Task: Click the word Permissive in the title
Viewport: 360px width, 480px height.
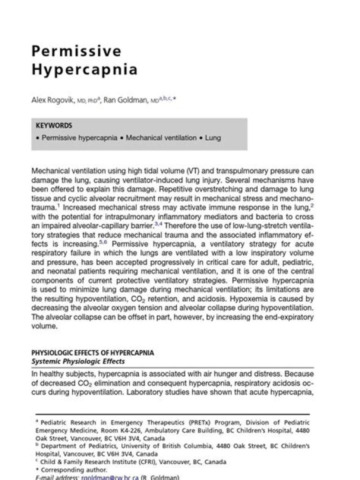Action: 76,51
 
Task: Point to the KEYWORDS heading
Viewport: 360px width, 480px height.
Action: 54,126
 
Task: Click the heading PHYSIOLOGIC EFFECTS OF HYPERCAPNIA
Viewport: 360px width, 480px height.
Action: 92,353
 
